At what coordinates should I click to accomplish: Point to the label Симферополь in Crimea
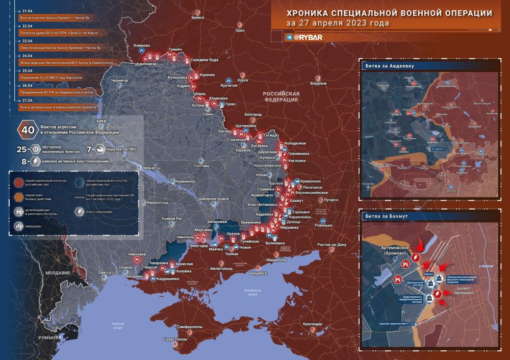tap(190, 325)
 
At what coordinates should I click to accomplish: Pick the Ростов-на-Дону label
tap(331, 245)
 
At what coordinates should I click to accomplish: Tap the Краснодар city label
tap(312, 324)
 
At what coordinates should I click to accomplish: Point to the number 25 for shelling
tap(21, 149)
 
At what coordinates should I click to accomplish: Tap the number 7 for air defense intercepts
tap(89, 149)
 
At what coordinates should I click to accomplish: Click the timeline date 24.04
tap(28, 56)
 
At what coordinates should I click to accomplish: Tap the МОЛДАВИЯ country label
tap(56, 273)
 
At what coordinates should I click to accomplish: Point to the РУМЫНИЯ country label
tap(46, 338)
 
